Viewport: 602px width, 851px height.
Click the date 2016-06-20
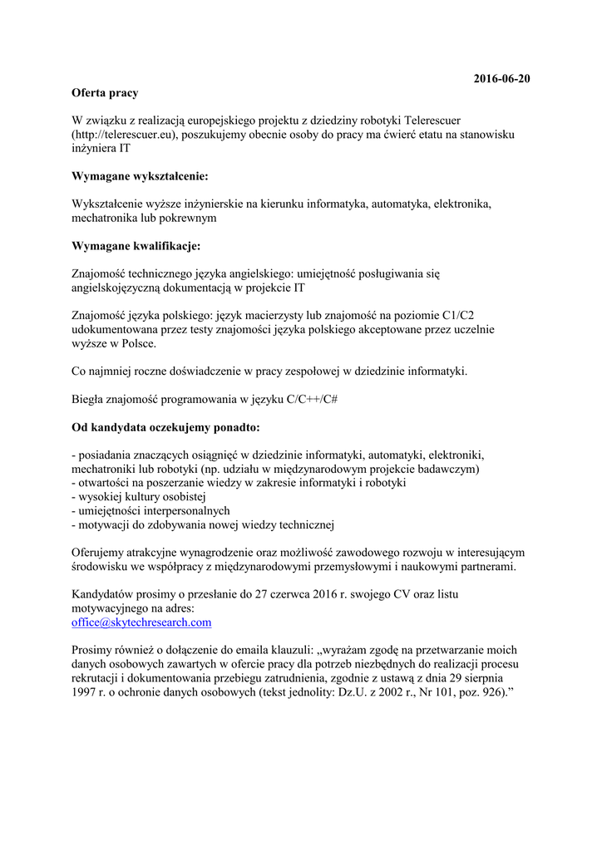[501, 79]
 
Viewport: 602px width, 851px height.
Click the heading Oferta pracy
[105, 93]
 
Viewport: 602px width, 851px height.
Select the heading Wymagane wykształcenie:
[140, 176]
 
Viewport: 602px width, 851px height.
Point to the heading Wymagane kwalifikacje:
[136, 246]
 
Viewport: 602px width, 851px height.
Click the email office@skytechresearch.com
[141, 622]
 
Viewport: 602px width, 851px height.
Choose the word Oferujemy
[101, 552]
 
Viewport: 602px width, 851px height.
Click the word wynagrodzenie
[244, 552]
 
